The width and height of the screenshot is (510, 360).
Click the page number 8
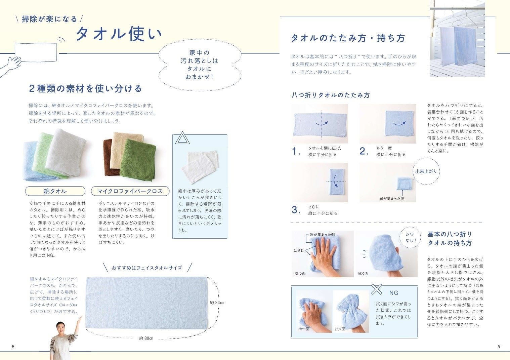(x=13, y=347)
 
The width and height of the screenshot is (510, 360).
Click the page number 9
(x=499, y=347)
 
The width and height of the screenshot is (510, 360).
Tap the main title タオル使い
(x=119, y=34)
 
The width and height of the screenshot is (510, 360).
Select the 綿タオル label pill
(x=55, y=191)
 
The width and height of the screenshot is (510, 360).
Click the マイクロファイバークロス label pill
(x=130, y=191)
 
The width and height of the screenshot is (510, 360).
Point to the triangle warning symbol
(x=182, y=138)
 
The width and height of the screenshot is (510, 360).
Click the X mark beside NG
(x=377, y=289)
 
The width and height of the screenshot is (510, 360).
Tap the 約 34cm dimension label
(x=217, y=303)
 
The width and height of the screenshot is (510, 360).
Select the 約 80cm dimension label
(x=146, y=338)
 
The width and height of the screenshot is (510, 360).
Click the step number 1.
(x=295, y=151)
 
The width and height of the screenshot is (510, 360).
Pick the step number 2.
(x=364, y=151)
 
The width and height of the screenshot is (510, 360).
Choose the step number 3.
(x=296, y=210)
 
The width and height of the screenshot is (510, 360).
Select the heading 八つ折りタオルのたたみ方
(x=331, y=95)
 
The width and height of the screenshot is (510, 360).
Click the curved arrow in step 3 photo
(x=335, y=181)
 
